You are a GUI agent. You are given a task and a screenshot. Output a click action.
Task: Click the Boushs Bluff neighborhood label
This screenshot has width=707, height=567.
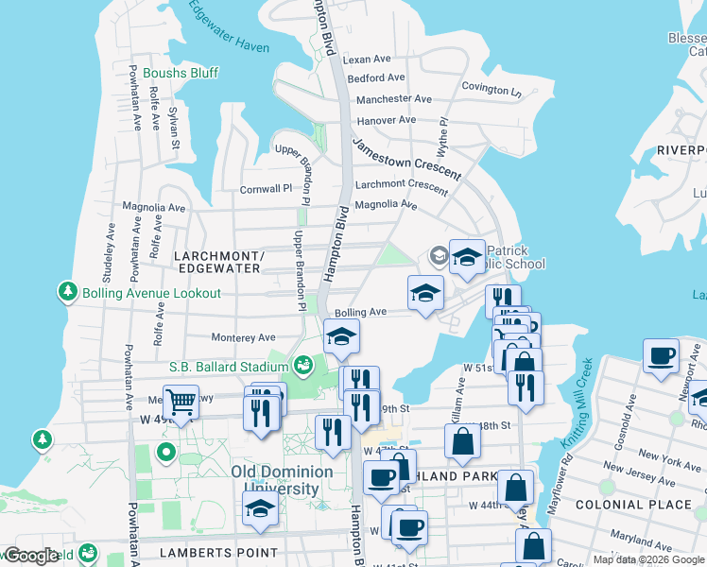coord(181,73)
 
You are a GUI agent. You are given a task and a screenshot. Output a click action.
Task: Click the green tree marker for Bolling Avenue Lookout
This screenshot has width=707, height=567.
coord(67,292)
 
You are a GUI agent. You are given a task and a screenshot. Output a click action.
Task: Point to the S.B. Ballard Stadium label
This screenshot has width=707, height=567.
coord(227,366)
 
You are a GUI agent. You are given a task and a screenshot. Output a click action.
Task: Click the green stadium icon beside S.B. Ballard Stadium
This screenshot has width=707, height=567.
coord(303,364)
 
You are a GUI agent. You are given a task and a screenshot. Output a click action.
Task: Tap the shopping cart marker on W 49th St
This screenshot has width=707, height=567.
coord(180,402)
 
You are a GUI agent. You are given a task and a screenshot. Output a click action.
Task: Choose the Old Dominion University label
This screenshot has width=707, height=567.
coord(282,480)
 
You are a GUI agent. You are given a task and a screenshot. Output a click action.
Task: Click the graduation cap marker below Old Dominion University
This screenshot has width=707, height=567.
coord(260,507)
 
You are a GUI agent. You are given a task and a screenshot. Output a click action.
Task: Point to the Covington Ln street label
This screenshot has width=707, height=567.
coord(491,91)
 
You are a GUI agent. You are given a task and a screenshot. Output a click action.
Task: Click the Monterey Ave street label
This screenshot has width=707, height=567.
coord(243,337)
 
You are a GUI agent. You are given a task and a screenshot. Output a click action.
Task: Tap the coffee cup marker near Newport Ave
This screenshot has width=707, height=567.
coord(661,356)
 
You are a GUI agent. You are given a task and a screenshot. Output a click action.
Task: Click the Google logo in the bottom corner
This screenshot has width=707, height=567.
coord(30,556)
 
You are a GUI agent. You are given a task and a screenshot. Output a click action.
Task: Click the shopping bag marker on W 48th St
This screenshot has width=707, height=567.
coord(462,441)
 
